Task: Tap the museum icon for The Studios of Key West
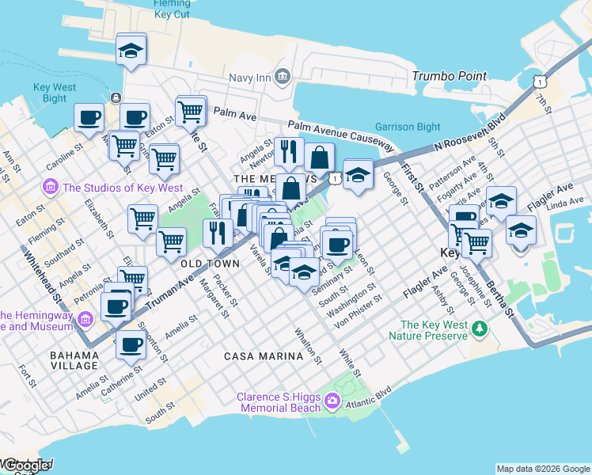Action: click(x=51, y=188)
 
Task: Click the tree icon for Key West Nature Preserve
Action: click(x=478, y=328)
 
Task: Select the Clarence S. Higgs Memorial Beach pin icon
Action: click(x=332, y=402)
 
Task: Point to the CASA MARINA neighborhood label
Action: click(x=264, y=356)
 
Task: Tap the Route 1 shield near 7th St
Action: click(x=539, y=82)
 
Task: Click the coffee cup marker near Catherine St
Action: click(x=131, y=344)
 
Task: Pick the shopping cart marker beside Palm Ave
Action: click(x=191, y=112)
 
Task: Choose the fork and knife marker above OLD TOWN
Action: click(x=217, y=233)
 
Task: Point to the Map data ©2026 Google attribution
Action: click(x=543, y=469)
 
